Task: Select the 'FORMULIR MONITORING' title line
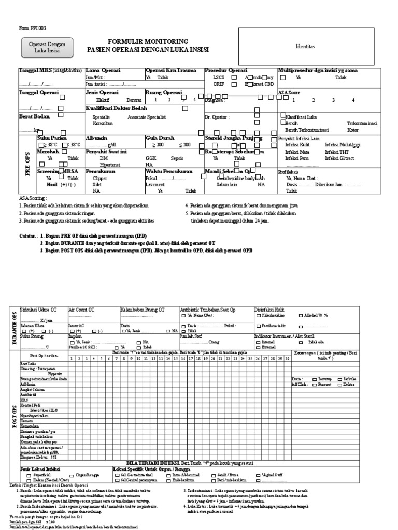point(148,41)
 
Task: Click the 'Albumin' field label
point(97,139)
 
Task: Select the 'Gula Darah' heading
point(159,139)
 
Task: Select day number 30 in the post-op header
point(287,358)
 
